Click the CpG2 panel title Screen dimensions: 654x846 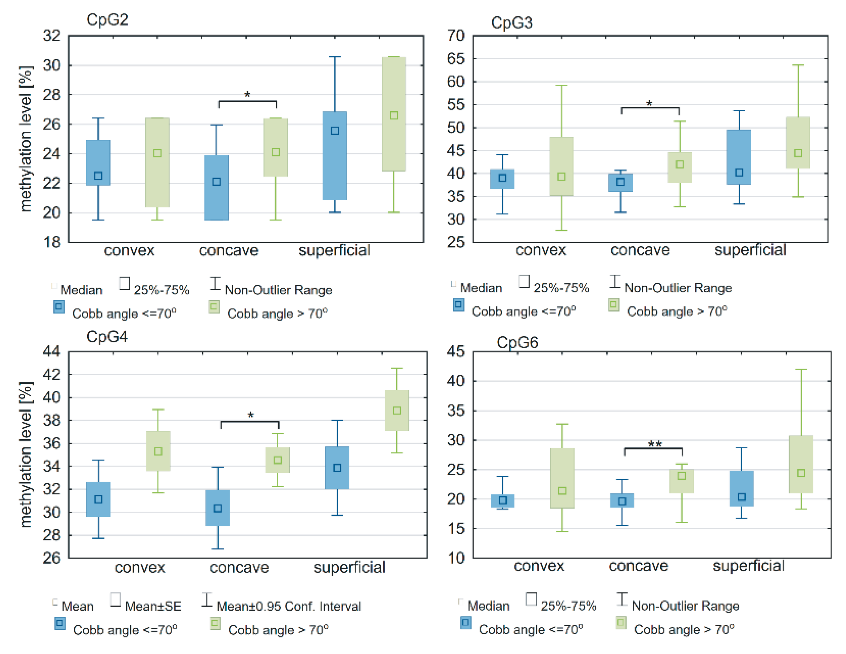click(x=107, y=19)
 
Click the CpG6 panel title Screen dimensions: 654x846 click(x=517, y=342)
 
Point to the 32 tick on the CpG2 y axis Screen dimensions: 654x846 click(x=51, y=36)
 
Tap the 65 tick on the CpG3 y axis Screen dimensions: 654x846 click(x=455, y=59)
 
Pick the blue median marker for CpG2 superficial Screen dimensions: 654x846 click(x=335, y=131)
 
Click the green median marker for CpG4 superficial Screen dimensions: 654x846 click(x=397, y=410)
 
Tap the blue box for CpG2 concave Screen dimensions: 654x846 click(x=216, y=188)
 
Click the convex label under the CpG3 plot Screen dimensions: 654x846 click(x=540, y=250)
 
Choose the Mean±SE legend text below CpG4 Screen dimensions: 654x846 click(x=153, y=606)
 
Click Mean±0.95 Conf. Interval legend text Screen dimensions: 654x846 click(x=288, y=606)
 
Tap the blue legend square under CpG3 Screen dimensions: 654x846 click(x=458, y=305)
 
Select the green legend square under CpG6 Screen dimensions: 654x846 click(x=621, y=623)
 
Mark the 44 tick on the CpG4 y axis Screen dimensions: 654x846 click(x=51, y=351)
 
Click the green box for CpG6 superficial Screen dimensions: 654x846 click(x=801, y=464)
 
